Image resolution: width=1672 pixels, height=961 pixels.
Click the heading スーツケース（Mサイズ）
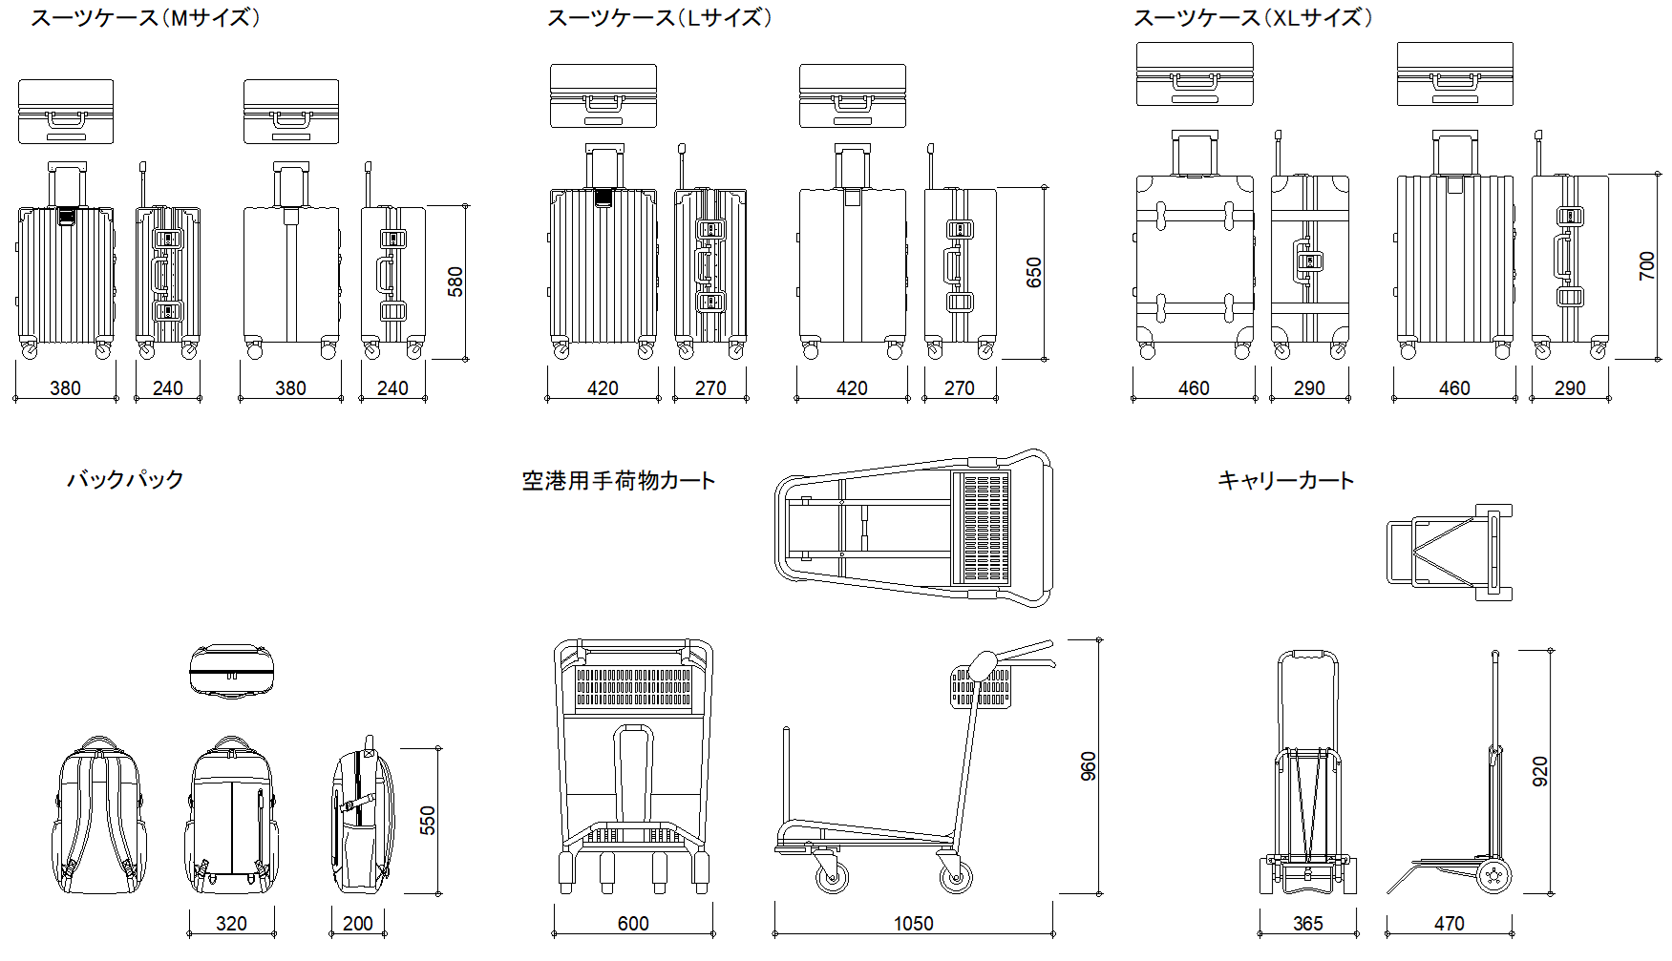click(145, 18)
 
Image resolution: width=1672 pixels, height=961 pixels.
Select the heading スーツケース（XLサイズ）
click(1253, 18)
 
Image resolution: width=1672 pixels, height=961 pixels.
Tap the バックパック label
click(125, 479)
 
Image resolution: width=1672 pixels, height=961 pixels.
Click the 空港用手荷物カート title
click(619, 480)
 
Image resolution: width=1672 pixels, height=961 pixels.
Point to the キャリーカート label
click(1285, 480)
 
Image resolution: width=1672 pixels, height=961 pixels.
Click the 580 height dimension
click(455, 282)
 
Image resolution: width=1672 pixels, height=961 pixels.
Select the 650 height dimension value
click(1033, 273)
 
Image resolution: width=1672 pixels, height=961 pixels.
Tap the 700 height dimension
click(1646, 265)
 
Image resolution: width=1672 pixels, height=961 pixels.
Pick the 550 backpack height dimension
click(428, 821)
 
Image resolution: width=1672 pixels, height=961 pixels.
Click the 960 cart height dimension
click(1089, 766)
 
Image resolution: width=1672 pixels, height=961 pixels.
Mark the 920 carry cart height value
click(1540, 771)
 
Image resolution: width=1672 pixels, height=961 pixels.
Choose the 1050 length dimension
click(913, 924)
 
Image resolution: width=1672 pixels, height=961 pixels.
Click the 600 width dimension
click(633, 924)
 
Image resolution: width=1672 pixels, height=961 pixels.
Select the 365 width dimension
click(1307, 924)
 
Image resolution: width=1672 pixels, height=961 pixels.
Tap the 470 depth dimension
click(1449, 924)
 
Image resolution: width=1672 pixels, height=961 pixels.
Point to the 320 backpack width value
click(231, 924)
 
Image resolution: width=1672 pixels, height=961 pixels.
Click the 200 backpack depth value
click(358, 924)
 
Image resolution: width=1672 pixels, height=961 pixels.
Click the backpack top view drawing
click(231, 671)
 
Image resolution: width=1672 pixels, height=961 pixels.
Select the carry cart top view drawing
click(1450, 553)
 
